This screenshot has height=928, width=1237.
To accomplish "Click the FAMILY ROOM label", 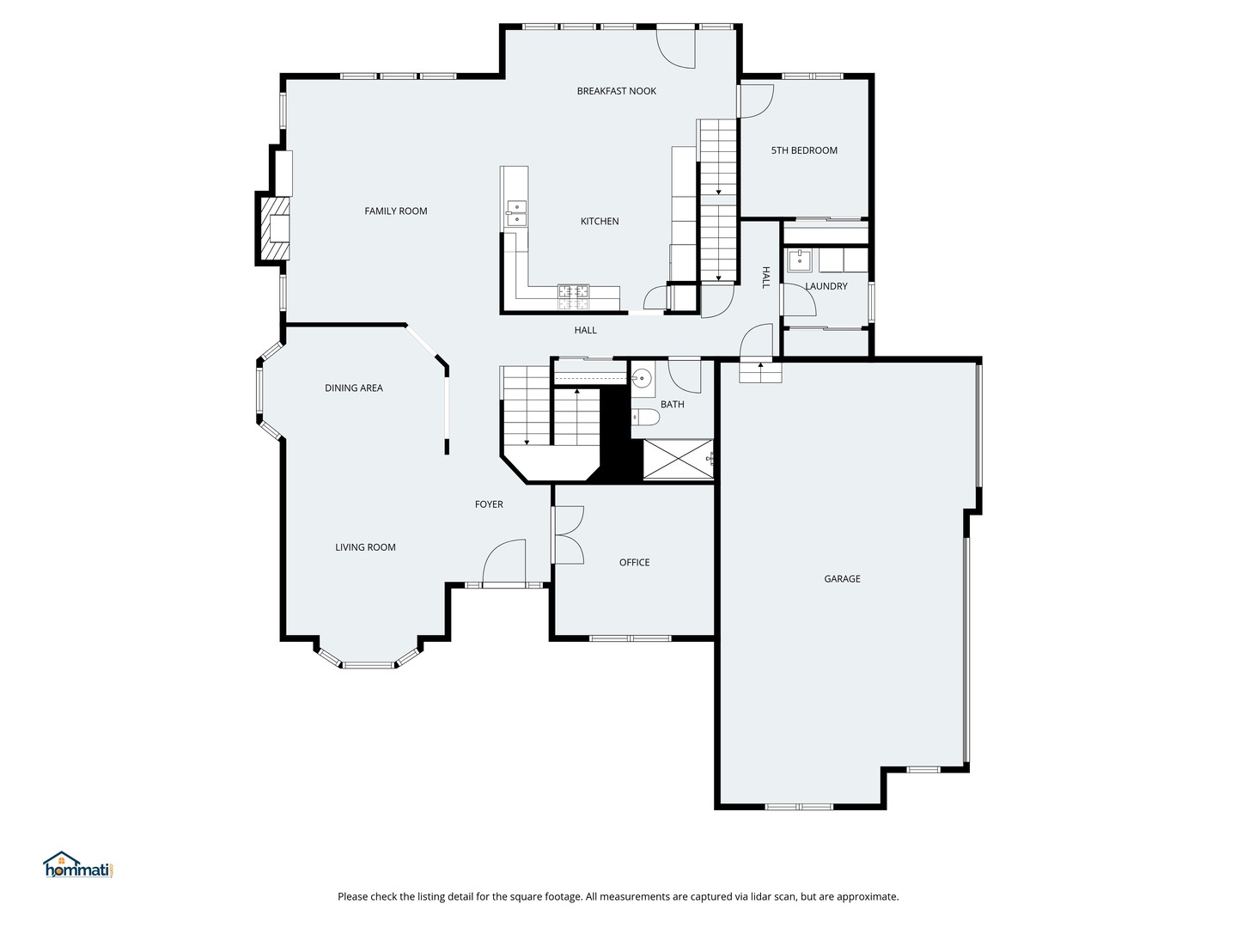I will click(395, 211).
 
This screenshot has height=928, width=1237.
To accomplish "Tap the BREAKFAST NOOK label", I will click(616, 91).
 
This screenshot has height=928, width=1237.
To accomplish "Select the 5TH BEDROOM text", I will click(803, 150).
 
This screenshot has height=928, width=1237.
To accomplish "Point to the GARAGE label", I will click(842, 579).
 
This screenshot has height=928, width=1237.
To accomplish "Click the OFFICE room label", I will click(634, 563).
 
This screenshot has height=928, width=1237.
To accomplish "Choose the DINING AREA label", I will click(353, 388).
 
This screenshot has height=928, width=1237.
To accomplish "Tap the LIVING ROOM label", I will click(365, 547).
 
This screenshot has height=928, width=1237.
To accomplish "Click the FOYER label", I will click(489, 504).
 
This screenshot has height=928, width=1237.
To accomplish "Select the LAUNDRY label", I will click(826, 286).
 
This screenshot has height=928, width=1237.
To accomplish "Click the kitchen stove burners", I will click(574, 297).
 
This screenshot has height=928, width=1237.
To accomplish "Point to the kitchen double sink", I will click(516, 212).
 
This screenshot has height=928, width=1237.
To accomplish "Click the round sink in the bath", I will click(643, 377).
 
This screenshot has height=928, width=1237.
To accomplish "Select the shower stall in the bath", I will click(678, 459).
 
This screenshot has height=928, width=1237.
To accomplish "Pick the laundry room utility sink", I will click(800, 259).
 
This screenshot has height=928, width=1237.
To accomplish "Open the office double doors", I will click(567, 534).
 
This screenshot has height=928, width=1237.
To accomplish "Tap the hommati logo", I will click(78, 865).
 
